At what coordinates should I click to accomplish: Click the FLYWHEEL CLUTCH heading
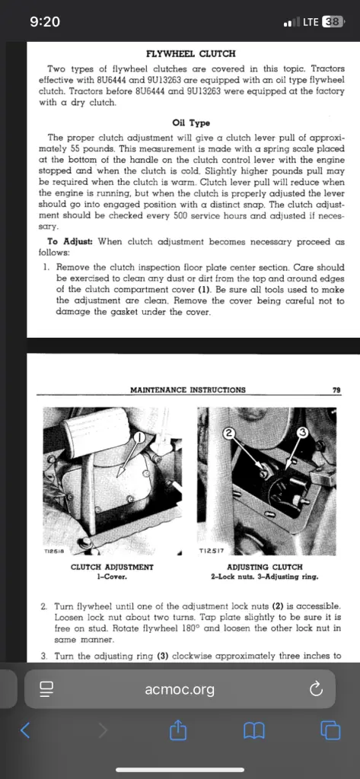191,53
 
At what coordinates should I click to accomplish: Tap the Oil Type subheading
191,122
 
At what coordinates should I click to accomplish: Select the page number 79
336,390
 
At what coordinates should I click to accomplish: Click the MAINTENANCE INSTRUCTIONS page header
187,390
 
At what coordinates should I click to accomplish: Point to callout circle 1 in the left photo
141,437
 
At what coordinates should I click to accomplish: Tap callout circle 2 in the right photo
228,433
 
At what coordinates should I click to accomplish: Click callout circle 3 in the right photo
302,433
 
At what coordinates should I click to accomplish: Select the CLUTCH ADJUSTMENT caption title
113,567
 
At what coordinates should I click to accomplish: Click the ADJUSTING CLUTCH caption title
265,567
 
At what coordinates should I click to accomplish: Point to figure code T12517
212,551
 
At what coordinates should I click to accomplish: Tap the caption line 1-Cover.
113,577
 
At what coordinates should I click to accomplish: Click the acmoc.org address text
180,689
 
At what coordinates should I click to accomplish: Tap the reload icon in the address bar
316,688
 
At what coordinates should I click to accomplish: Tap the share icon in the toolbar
177,730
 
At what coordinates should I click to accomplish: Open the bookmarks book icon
254,730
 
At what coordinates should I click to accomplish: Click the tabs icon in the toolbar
330,730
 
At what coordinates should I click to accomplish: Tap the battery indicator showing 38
333,22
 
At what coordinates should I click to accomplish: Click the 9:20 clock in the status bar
45,22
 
